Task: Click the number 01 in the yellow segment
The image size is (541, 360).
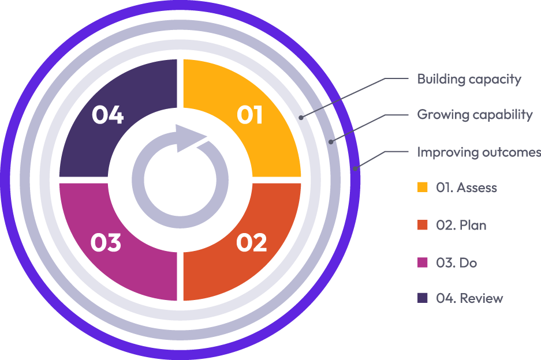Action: tap(250, 115)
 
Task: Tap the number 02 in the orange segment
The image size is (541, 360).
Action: tap(251, 243)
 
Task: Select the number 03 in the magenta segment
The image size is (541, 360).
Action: tap(106, 243)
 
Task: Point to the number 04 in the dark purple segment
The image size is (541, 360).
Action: tap(107, 115)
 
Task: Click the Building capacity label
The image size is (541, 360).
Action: tap(469, 79)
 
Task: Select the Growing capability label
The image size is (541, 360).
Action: tap(475, 115)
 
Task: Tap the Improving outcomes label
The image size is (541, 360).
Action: tap(479, 152)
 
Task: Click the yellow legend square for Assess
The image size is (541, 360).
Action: tap(423, 187)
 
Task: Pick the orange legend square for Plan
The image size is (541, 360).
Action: tap(423, 225)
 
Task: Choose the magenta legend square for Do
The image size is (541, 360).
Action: tap(423, 262)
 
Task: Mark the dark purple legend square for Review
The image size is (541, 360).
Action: tap(423, 298)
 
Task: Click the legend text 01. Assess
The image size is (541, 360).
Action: tap(467, 187)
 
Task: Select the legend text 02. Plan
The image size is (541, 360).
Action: tap(461, 225)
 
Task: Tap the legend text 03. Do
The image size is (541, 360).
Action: tap(457, 262)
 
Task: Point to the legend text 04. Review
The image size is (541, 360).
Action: tap(469, 298)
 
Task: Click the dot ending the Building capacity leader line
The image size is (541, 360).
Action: tap(301, 117)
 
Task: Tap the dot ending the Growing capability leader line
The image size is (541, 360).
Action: tap(331, 141)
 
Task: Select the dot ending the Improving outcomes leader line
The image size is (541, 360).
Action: tap(356, 168)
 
